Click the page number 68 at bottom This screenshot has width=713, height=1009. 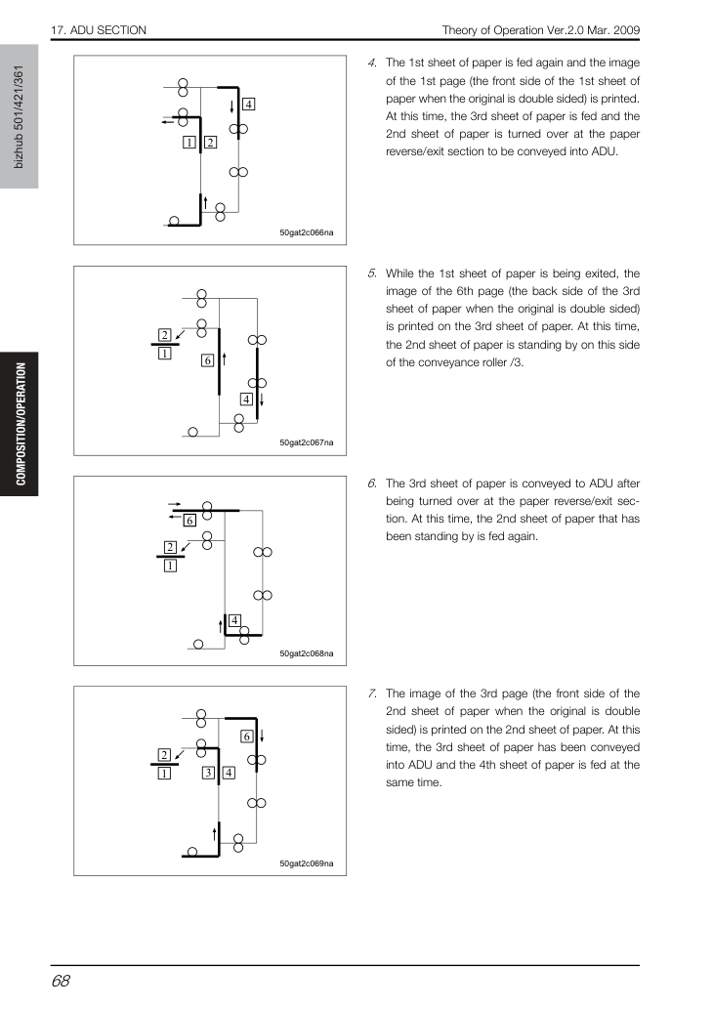[61, 981]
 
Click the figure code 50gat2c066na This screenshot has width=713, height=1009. [307, 232]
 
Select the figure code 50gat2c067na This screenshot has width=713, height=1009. [307, 442]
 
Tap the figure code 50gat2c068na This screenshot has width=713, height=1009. [307, 653]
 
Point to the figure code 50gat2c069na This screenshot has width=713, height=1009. [307, 863]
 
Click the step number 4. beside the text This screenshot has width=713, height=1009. [372, 63]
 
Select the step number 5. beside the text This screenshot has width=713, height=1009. [372, 273]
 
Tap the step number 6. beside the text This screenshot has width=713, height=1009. [372, 483]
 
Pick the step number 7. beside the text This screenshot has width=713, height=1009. [372, 694]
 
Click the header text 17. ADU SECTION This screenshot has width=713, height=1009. [99, 30]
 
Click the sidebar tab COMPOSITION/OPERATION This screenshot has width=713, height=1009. [21, 424]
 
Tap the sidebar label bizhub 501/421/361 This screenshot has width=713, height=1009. [19, 117]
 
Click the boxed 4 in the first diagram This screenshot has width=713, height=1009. [248, 105]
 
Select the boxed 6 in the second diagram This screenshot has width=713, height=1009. [207, 360]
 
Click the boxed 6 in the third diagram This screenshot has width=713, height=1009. [189, 520]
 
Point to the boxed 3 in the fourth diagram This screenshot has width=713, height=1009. [208, 773]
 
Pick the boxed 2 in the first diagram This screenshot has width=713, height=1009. [210, 143]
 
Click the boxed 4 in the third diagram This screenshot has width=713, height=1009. [234, 620]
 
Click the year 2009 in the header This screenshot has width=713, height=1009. [626, 30]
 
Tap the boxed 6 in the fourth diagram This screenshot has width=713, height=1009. [247, 736]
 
